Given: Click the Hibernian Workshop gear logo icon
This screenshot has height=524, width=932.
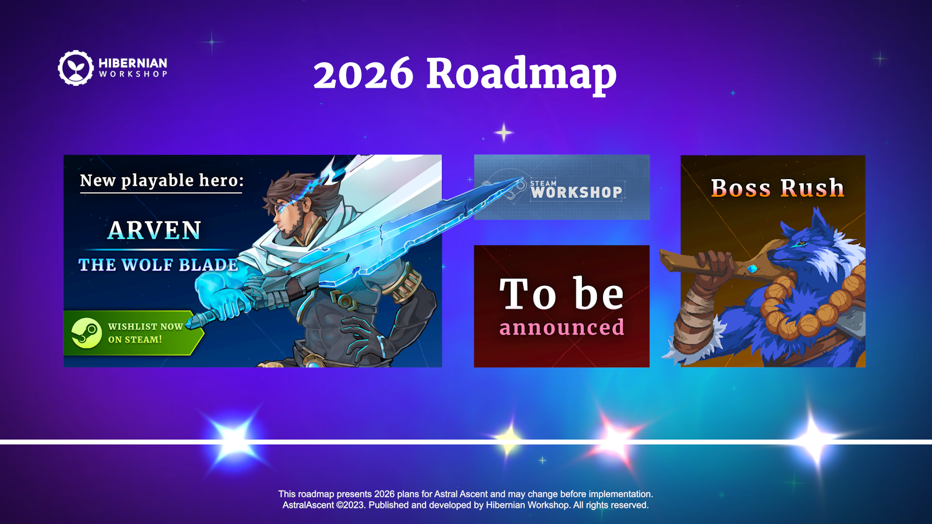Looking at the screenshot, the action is [x=76, y=68].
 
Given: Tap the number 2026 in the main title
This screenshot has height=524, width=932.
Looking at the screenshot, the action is [x=363, y=74].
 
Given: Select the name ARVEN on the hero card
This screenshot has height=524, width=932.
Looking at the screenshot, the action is [x=154, y=230].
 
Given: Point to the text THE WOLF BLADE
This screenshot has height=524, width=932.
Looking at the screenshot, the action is [x=158, y=265].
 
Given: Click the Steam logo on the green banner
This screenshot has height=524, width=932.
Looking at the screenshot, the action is [x=86, y=333].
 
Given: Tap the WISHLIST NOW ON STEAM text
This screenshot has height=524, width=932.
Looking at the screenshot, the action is [x=145, y=333].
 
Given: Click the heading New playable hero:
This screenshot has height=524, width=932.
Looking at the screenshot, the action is [x=162, y=180].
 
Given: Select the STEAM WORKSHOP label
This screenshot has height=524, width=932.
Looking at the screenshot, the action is [x=576, y=190].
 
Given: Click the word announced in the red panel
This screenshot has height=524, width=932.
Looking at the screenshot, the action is [x=562, y=327].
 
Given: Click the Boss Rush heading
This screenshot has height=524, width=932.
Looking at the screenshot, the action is [x=778, y=188].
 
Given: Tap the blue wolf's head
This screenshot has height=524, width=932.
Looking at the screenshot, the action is [x=806, y=243].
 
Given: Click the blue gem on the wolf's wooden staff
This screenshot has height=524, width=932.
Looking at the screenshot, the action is [x=752, y=268].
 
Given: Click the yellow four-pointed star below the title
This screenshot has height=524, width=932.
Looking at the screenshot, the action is [x=504, y=132].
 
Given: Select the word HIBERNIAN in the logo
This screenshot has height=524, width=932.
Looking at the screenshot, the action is [x=133, y=63].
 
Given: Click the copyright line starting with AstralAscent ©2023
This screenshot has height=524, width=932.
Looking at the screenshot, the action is [x=466, y=505].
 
